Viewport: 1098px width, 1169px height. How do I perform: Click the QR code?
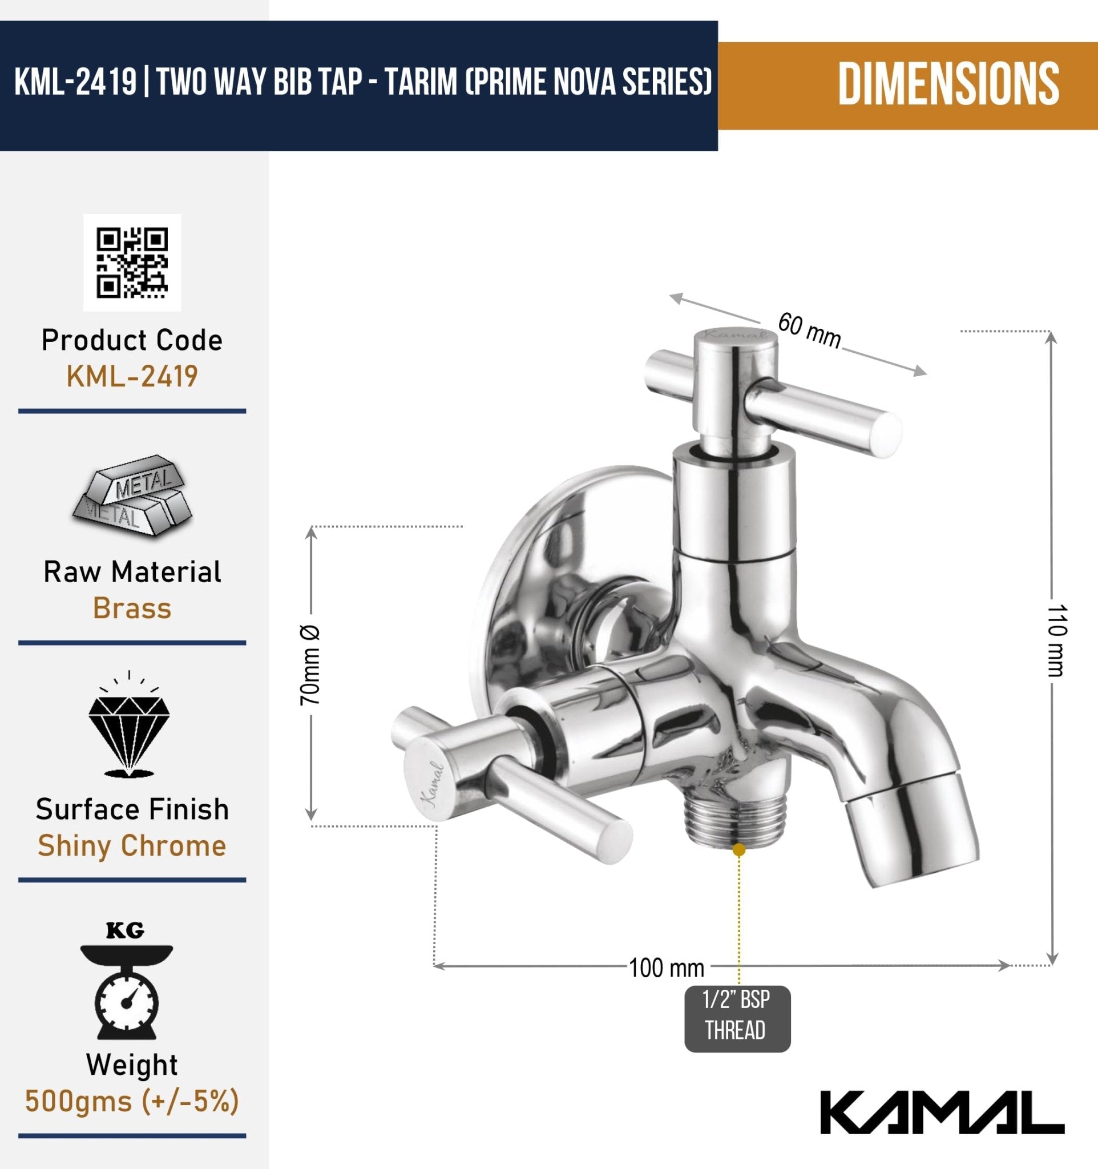(x=132, y=262)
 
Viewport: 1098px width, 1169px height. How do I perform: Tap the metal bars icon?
(x=132, y=495)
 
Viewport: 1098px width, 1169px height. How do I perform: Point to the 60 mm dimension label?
(x=809, y=331)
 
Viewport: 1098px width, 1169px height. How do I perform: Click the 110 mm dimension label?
(x=1056, y=640)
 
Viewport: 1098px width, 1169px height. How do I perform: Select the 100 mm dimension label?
(x=666, y=968)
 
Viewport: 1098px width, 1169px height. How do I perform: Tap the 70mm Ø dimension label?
(x=310, y=665)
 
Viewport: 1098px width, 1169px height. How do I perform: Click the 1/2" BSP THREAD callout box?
(x=737, y=1018)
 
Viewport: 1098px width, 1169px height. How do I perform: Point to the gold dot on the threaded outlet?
(x=740, y=849)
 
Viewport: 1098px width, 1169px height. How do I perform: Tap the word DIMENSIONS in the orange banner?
(x=948, y=84)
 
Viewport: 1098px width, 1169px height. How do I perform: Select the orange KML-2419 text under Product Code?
(x=132, y=376)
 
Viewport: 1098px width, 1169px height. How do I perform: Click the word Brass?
(x=132, y=608)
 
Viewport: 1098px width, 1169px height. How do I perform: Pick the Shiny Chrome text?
(x=132, y=845)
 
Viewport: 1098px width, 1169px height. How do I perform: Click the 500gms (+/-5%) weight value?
(x=132, y=1101)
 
